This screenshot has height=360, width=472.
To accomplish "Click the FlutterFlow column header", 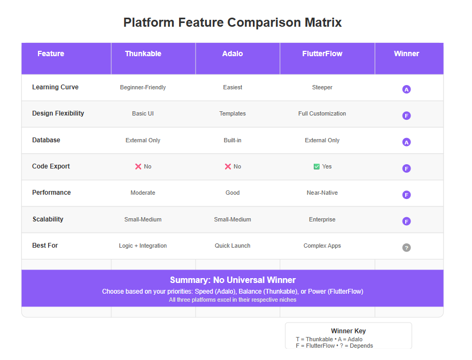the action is (x=322, y=53).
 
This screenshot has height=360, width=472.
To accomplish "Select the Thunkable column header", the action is (x=143, y=53).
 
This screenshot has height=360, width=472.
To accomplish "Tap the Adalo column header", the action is (x=233, y=53).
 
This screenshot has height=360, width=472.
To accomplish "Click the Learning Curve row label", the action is (x=56, y=87).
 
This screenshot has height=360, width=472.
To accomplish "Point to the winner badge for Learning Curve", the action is (x=406, y=89).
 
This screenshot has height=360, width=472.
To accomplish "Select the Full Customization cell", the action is (x=322, y=113).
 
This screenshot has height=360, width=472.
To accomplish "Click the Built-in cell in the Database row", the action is (x=233, y=140).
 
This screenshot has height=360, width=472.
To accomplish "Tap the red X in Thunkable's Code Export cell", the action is (x=138, y=166).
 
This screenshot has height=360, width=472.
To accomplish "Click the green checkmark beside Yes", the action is (x=316, y=166).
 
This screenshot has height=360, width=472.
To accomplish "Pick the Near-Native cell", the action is (x=322, y=193).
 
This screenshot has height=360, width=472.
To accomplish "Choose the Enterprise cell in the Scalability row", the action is (x=322, y=219).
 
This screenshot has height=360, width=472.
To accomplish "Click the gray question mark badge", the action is (x=406, y=248).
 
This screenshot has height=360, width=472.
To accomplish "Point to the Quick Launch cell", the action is (x=233, y=246).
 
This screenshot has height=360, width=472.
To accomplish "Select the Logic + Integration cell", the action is (x=143, y=246).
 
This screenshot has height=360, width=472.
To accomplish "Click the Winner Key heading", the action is (x=349, y=331).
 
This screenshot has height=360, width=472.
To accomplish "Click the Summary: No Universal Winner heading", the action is (x=233, y=280).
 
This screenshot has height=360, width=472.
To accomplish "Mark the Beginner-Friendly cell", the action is (x=143, y=87).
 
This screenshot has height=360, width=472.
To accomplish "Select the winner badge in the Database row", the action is (x=406, y=142).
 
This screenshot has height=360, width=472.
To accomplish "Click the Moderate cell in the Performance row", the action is (x=143, y=193).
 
